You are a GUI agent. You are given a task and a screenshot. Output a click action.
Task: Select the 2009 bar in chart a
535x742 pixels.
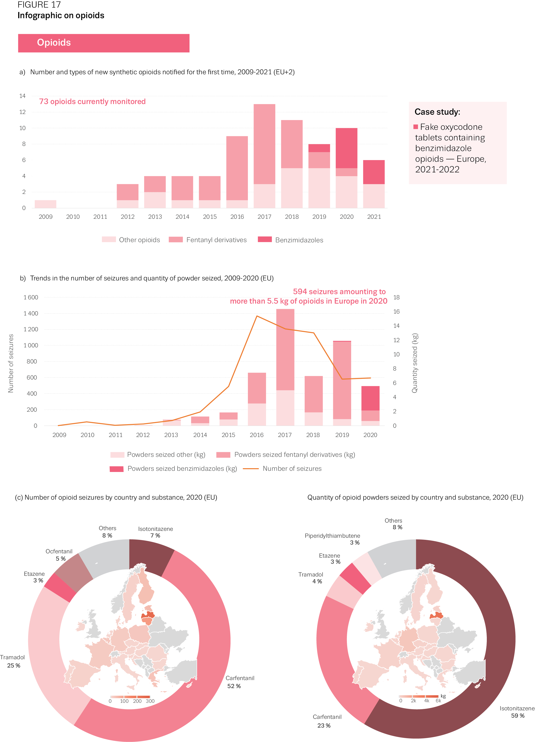pos(45,204)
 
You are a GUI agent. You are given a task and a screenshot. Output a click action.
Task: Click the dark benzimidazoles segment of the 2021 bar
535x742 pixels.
pos(374,172)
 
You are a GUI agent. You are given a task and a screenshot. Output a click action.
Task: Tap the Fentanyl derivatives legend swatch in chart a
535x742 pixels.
pos(176,240)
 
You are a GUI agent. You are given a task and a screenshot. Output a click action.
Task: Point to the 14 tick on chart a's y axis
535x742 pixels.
pos(22,96)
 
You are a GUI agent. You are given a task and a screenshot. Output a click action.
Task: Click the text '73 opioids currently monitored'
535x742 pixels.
pos(92,102)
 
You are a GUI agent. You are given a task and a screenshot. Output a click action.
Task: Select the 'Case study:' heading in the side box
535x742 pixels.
pos(437,112)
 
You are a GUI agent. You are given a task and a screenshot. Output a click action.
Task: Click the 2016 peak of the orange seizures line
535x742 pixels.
pos(257,316)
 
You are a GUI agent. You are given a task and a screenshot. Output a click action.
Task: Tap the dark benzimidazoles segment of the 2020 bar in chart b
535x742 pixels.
pos(370,398)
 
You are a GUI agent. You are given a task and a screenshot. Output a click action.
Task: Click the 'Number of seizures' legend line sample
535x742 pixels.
pos(251,468)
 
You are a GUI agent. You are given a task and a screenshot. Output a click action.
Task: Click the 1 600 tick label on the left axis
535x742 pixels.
pos(31,297)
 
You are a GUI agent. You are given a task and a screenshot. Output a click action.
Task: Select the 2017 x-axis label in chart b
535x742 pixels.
pos(285,435)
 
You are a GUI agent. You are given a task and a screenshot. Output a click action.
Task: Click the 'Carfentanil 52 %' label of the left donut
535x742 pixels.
pos(240,682)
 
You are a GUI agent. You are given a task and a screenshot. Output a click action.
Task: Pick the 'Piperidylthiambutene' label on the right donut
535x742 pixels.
pos(332,536)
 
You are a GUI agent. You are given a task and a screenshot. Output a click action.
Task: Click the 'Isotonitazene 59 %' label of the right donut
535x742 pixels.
pos(517,712)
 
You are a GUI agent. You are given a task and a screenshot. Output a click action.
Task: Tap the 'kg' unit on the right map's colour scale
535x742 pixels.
pos(443,696)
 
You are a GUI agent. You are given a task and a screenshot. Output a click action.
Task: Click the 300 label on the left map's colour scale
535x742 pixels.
pos(150,701)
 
